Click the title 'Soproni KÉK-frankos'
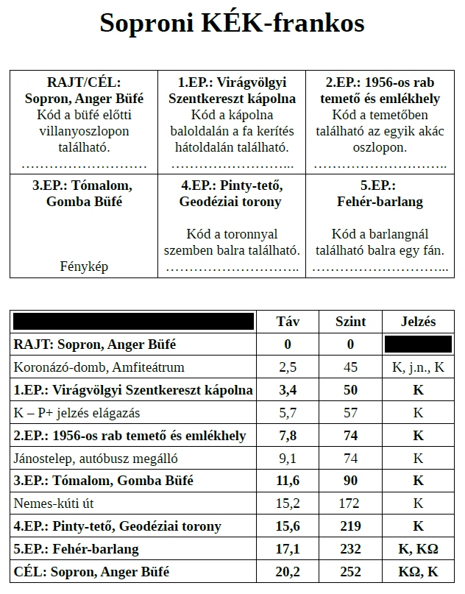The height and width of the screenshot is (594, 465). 232,24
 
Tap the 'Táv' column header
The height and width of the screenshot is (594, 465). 288,322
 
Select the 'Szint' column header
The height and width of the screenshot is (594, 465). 350,322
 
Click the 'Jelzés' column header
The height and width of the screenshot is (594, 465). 418,322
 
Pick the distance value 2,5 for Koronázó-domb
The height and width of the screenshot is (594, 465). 288,367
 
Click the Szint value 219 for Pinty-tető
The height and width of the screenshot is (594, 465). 350,526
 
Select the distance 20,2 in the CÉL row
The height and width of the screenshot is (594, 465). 288,572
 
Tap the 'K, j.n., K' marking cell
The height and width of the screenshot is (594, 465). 418,367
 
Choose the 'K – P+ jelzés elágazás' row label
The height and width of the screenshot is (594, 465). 77,413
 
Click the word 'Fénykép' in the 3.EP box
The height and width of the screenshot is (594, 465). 83,266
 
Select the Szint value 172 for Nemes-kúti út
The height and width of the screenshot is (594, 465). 350,504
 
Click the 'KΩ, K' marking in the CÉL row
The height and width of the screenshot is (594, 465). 418,572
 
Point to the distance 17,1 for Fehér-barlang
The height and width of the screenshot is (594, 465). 288,549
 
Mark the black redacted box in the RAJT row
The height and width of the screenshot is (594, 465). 418,344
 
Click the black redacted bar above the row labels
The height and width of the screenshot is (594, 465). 133,321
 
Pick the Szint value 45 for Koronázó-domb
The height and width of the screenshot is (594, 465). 350,367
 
